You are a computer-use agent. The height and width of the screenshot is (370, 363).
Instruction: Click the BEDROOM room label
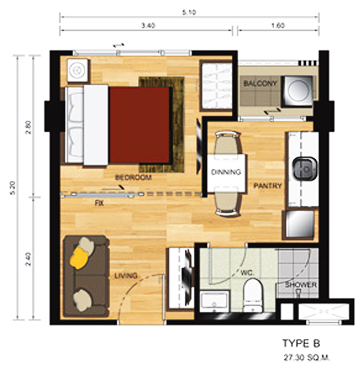pos(133,177)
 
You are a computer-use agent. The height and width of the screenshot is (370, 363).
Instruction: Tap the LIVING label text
pos(126,276)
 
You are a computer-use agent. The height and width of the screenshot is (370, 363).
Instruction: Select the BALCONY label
pos(260,83)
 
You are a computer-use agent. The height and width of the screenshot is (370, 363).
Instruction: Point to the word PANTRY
pos(267,186)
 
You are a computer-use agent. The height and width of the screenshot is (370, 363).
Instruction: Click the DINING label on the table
pos(226,172)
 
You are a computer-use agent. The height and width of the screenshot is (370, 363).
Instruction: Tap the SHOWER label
pos(301,285)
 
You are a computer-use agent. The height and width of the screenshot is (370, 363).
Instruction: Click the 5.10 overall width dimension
pos(189,12)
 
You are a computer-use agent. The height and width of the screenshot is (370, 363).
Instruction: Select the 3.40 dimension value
pos(148,25)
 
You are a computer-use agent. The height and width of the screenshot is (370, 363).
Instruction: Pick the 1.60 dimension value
pos(278,25)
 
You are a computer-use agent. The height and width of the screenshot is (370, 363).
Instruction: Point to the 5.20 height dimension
pos(13,188)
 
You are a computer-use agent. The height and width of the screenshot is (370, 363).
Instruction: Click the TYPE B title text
pos(301,343)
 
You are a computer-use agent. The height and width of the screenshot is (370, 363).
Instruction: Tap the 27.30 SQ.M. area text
pos(306,358)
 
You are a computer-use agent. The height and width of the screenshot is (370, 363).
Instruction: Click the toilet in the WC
pos(253,295)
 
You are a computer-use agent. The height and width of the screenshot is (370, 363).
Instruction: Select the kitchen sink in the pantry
pos(305,169)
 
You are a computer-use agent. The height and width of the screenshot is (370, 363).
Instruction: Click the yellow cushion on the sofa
pos(79,258)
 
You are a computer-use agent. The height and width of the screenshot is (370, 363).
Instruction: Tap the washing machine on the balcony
pos(297,91)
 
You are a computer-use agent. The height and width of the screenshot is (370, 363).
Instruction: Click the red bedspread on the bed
pos(140,125)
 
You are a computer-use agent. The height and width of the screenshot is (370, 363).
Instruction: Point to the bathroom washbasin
pos(214,301)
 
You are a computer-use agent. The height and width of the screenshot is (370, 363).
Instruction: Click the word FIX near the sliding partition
pos(99,203)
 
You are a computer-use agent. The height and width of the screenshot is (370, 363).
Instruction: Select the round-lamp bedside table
pos(77,70)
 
